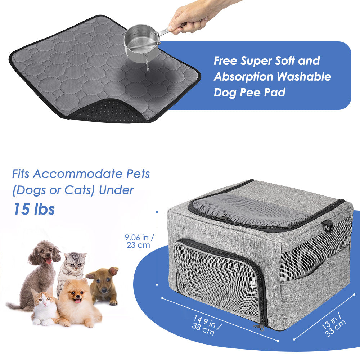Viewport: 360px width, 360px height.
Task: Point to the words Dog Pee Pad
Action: (249, 93)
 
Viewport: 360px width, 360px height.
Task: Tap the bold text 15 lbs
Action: (34, 209)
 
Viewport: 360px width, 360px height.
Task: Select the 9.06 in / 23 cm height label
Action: (139, 241)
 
